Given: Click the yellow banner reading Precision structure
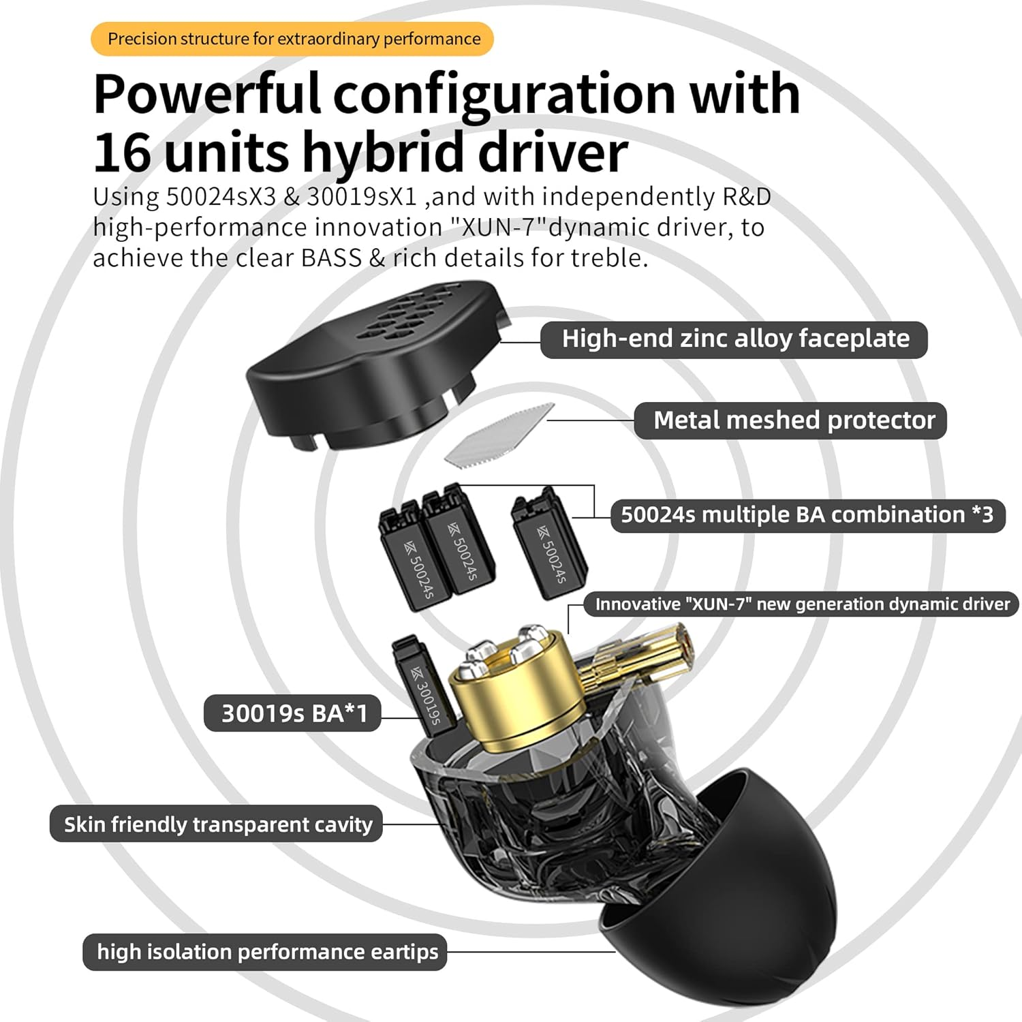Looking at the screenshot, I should tap(292, 39).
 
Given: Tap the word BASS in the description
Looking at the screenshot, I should tap(331, 258).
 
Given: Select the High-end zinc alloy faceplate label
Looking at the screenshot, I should tap(734, 339).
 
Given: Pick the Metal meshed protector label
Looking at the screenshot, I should tap(790, 420).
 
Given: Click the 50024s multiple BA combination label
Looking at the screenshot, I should tap(807, 515).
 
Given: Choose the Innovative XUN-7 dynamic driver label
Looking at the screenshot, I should tap(801, 604).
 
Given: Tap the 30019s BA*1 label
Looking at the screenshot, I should tap(293, 713).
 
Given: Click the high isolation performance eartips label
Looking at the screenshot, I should tap(266, 952).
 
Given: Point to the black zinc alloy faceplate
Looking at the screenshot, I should tap(354, 382).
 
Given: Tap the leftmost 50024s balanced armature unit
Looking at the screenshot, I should tap(412, 559).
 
